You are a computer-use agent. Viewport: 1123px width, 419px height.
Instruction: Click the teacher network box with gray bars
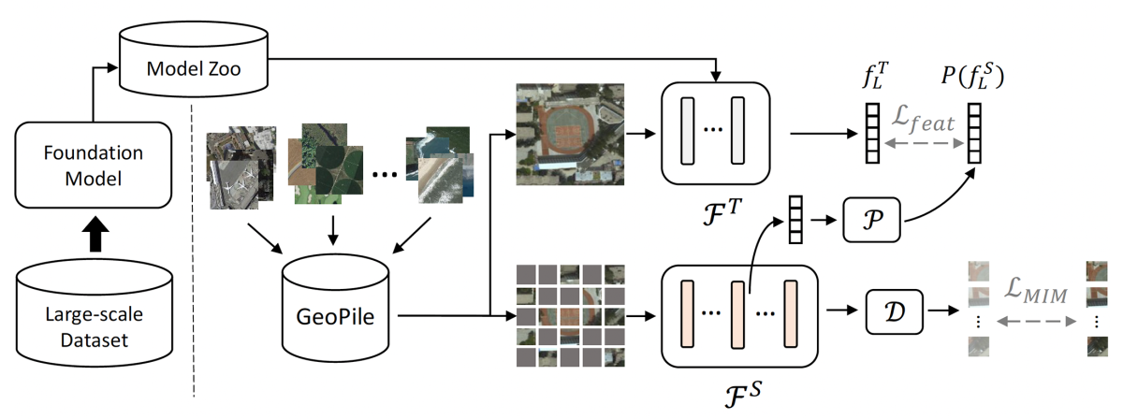coord(715,133)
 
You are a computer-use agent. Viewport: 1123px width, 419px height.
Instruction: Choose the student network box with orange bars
coord(739,317)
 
